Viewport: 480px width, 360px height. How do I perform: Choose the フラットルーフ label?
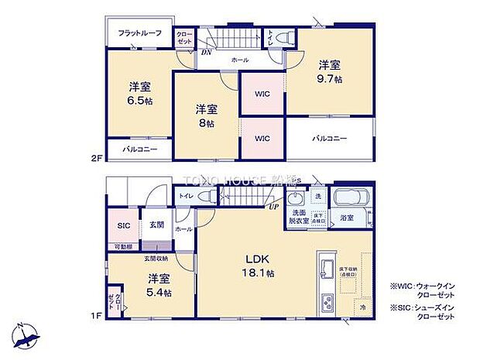pos(139,33)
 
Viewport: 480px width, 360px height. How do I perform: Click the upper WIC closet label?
pos(262,94)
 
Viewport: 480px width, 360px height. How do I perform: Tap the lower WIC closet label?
pos(262,139)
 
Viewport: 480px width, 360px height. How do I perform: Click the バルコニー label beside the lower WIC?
pos(330,139)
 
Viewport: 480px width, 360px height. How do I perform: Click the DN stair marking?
pos(207,53)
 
